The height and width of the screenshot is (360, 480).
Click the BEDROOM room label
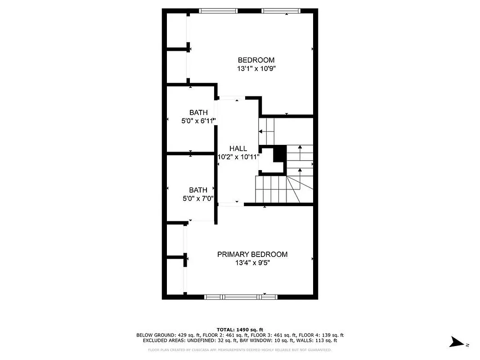256,60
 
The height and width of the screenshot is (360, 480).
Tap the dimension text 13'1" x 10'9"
256,69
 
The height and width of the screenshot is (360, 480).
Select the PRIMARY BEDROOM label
252,254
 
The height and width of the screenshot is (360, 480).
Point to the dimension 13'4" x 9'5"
252,263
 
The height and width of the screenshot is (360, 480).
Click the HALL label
238,148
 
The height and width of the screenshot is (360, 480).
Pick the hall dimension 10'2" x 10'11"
238,157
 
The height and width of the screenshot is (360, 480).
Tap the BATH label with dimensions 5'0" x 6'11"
198,112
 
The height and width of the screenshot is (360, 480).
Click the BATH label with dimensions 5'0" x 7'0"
198,190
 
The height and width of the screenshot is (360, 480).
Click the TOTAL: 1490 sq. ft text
240,329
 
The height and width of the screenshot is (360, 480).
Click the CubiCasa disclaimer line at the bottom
240,350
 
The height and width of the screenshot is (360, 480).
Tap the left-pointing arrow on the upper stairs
261,131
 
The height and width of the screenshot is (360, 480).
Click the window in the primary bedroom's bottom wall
241,297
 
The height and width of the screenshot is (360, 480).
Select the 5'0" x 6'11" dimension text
198,121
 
